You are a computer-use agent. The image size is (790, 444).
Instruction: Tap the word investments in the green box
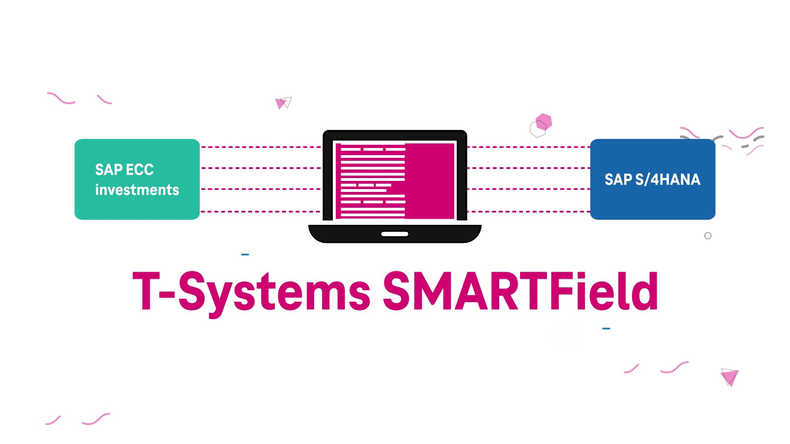point(137,190)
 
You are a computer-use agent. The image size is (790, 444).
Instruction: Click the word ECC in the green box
point(139,169)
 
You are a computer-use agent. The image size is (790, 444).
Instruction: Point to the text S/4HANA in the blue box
point(667,180)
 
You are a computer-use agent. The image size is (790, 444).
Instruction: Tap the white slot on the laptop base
point(395,234)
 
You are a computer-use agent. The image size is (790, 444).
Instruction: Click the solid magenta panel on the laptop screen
point(430,181)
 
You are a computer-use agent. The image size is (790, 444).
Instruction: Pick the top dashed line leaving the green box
point(260,147)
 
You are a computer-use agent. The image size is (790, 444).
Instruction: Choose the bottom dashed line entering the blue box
point(529,212)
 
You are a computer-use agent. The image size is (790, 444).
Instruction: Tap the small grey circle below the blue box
point(708,236)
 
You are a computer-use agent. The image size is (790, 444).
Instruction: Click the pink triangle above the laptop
point(280,103)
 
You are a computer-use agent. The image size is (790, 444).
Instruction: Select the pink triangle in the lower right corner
point(730,377)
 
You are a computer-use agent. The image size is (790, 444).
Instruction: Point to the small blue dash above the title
point(245,254)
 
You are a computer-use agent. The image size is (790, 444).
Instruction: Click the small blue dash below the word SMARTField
point(606,328)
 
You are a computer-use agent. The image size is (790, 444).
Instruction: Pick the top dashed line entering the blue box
point(529,147)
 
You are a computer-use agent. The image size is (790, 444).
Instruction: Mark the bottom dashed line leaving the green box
point(260,212)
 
